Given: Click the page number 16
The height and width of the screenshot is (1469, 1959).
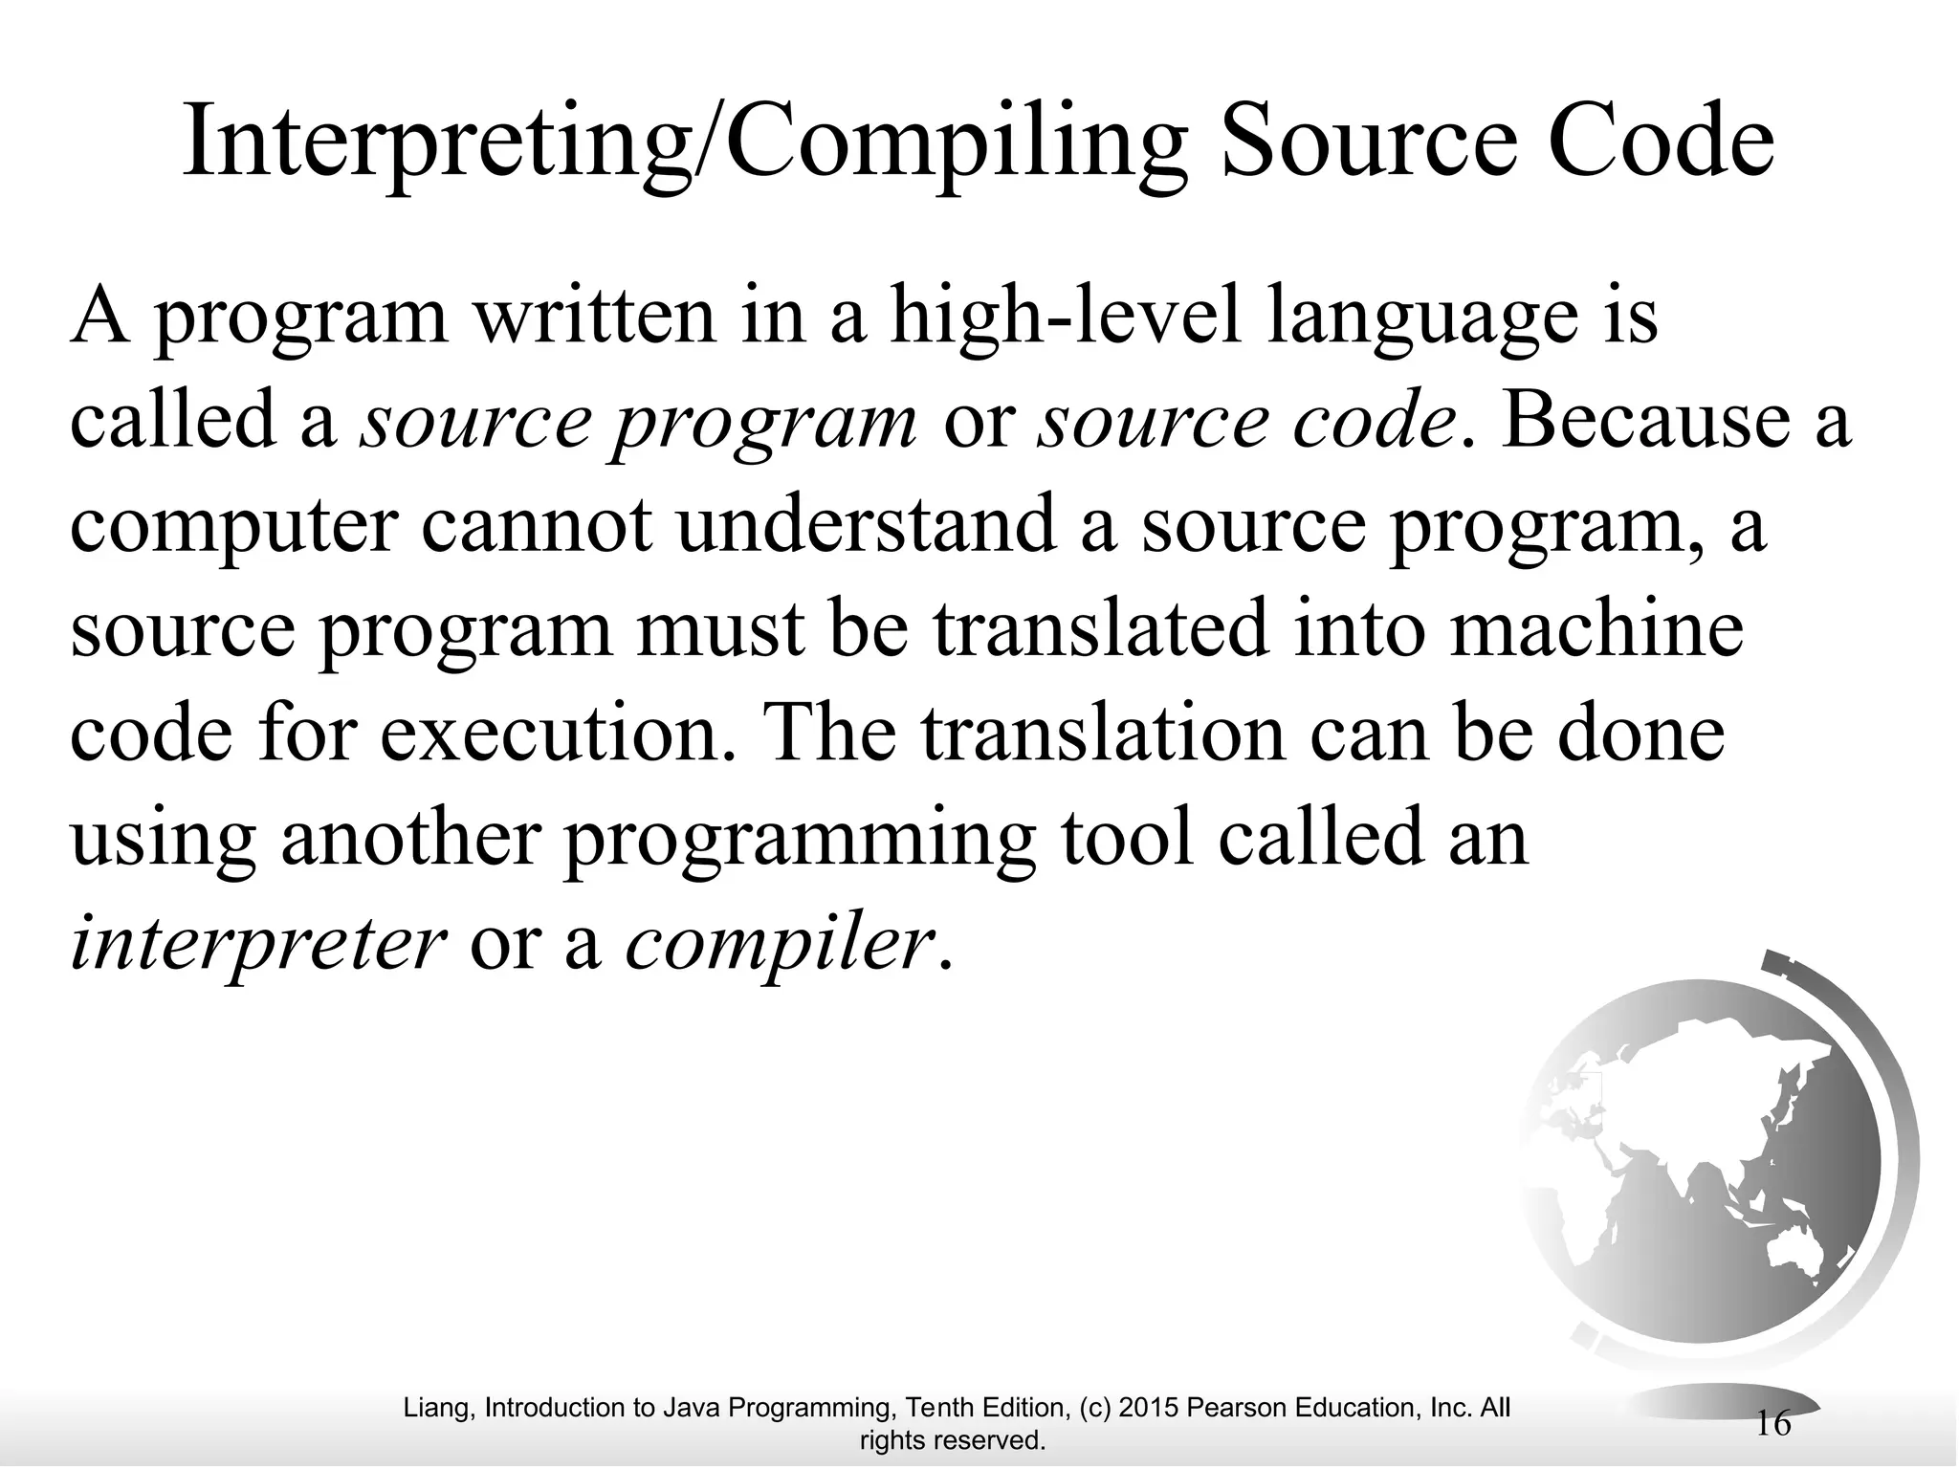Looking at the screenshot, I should tap(1773, 1423).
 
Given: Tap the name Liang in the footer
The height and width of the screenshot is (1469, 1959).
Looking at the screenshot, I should tap(438, 1407).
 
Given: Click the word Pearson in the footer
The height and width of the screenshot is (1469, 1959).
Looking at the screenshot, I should tap(1235, 1407).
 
